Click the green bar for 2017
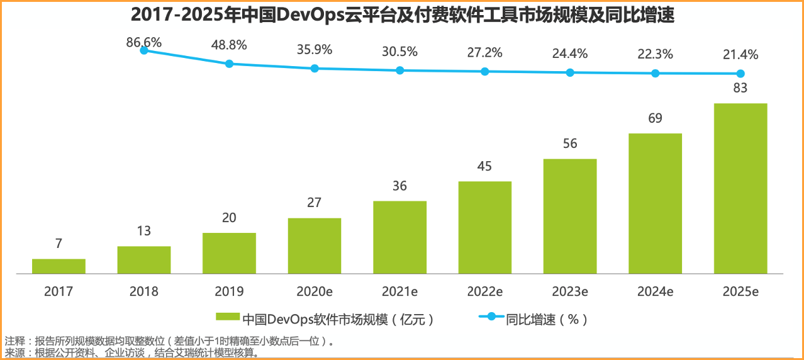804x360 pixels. pos(59,266)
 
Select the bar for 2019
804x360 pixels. pos(229,253)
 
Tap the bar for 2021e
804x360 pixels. pos(399,237)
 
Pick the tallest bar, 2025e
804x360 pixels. pos(740,188)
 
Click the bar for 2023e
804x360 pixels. pos(570,216)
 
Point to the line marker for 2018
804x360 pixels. pos(144,50)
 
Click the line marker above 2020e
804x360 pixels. pos(315,68)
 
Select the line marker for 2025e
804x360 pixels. pos(740,74)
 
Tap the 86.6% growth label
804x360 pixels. pos(143,42)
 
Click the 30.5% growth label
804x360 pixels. pos(399,52)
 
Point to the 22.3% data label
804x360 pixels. pos(655,55)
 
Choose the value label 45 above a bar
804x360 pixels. pos(484,166)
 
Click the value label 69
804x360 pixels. pos(655,118)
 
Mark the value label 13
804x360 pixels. pos(144,231)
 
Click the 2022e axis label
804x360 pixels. pos(484,292)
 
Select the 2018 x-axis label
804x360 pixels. pos(144,292)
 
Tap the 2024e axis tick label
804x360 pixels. pos(655,292)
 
